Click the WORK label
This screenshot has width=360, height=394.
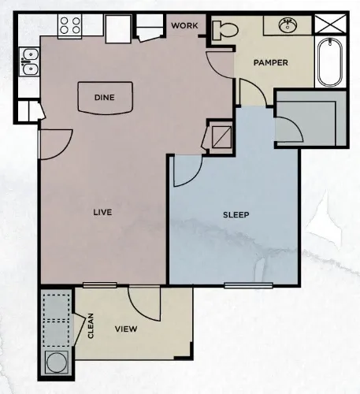click(186, 24)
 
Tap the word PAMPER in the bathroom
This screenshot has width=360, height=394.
click(270, 62)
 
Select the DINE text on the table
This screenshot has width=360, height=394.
click(105, 97)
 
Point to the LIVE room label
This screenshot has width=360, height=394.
click(101, 212)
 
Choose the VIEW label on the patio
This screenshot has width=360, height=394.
click(127, 329)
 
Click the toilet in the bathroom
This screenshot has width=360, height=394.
click(224, 30)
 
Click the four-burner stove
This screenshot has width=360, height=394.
click(69, 24)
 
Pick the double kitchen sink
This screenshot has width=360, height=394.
click(31, 62)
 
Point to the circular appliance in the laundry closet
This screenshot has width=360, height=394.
click(57, 364)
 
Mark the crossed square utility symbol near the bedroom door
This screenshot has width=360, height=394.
click(220, 136)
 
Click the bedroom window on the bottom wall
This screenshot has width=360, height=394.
click(248, 284)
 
